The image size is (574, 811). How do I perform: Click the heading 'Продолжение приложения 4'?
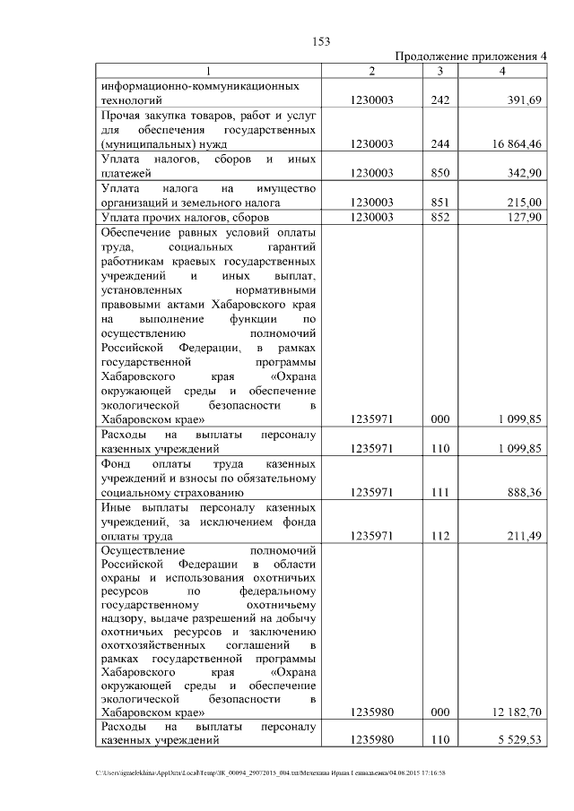pos(472,56)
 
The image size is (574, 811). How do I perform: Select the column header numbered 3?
pos(439,71)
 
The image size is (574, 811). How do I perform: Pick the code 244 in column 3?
pos(439,142)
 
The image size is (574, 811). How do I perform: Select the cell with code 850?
pos(439,172)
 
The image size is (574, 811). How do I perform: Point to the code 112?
pos(439,536)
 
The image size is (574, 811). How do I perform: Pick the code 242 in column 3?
pos(439,99)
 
